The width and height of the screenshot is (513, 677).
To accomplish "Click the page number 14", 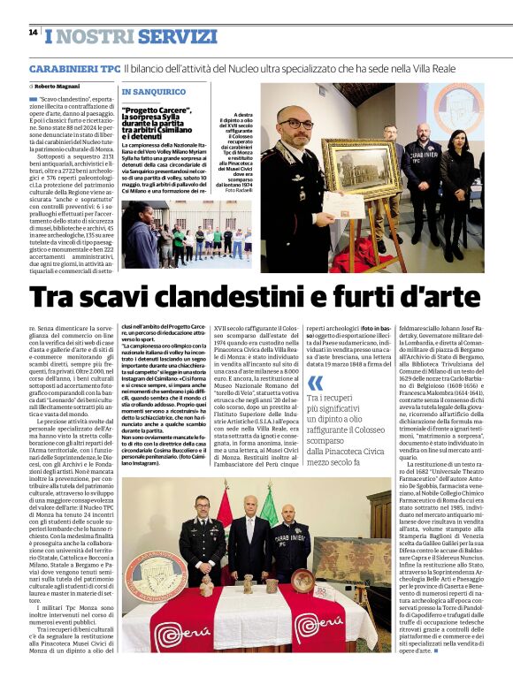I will [33, 32].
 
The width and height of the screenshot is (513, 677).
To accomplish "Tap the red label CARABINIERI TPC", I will [74, 68].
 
